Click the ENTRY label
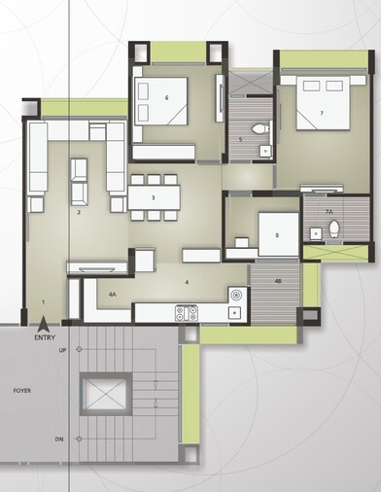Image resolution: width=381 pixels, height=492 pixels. click(x=45, y=338)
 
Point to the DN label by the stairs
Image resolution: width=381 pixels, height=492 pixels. click(x=60, y=439)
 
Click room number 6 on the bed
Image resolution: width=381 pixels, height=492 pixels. click(x=167, y=98)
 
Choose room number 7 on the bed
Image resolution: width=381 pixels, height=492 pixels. click(x=321, y=114)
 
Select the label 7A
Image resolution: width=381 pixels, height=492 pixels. click(x=329, y=211)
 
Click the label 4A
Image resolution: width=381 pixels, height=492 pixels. click(x=112, y=293)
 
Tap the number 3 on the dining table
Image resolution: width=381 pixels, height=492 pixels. click(x=154, y=198)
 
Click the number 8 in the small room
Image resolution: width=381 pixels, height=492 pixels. click(x=277, y=235)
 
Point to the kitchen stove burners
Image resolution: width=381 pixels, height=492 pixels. click(x=186, y=313)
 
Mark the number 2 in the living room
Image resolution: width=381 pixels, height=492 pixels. click(x=79, y=211)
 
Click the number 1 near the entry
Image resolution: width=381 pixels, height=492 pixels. click(x=44, y=301)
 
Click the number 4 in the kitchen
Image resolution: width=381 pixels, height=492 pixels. click(x=187, y=282)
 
